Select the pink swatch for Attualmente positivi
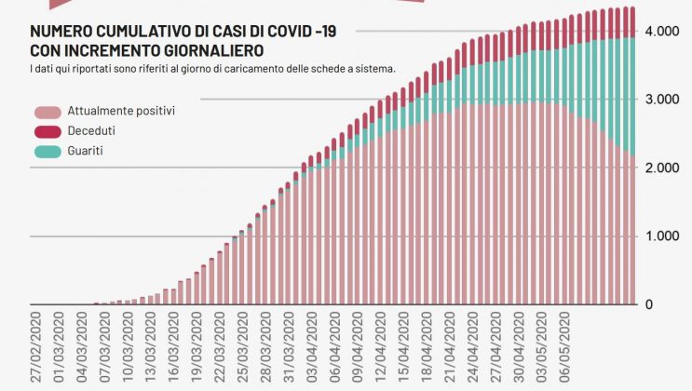coord(46,111)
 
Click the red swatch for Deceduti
coord(46,130)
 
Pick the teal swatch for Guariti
coord(46,150)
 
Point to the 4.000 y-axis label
coord(660,32)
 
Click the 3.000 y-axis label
coord(660,100)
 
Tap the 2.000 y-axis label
coord(660,168)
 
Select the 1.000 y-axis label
coord(660,236)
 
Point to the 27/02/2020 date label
coord(35,350)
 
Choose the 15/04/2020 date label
coord(402,350)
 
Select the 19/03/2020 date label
coord(196,350)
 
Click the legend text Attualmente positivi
coord(121,111)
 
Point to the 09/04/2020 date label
coord(357,350)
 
